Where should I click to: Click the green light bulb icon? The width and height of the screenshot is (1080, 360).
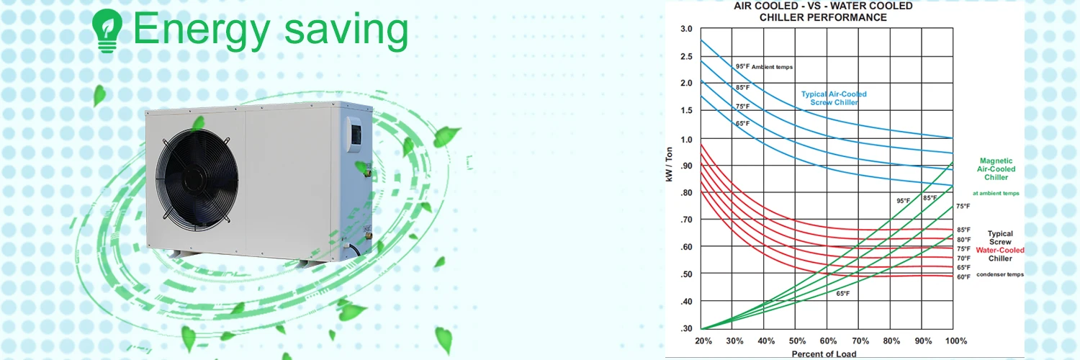coord(107,30)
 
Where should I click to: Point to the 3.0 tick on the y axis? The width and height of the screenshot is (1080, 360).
coord(686,29)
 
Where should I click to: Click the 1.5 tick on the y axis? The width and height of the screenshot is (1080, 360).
coord(686,110)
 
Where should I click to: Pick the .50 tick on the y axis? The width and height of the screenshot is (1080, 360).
coord(686,274)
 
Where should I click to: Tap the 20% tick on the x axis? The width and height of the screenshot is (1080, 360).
coord(703,341)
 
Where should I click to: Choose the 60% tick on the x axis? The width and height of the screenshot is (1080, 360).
coord(828,341)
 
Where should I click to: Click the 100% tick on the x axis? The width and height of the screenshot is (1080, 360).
coord(955,341)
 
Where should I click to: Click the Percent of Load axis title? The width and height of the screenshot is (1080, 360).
coord(824,354)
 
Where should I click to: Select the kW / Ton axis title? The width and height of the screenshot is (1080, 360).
coord(669,164)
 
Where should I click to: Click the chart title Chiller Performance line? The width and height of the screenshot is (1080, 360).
coord(823,18)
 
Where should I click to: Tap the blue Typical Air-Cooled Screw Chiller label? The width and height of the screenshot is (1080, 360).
coord(834,99)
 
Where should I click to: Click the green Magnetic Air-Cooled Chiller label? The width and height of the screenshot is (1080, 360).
coord(996,169)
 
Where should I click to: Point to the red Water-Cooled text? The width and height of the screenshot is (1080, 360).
coord(1000,250)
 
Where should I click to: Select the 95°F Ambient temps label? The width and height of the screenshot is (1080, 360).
coord(764,66)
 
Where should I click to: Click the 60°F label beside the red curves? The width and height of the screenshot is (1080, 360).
coord(964,277)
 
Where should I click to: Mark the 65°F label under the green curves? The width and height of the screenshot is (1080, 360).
coord(843,294)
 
